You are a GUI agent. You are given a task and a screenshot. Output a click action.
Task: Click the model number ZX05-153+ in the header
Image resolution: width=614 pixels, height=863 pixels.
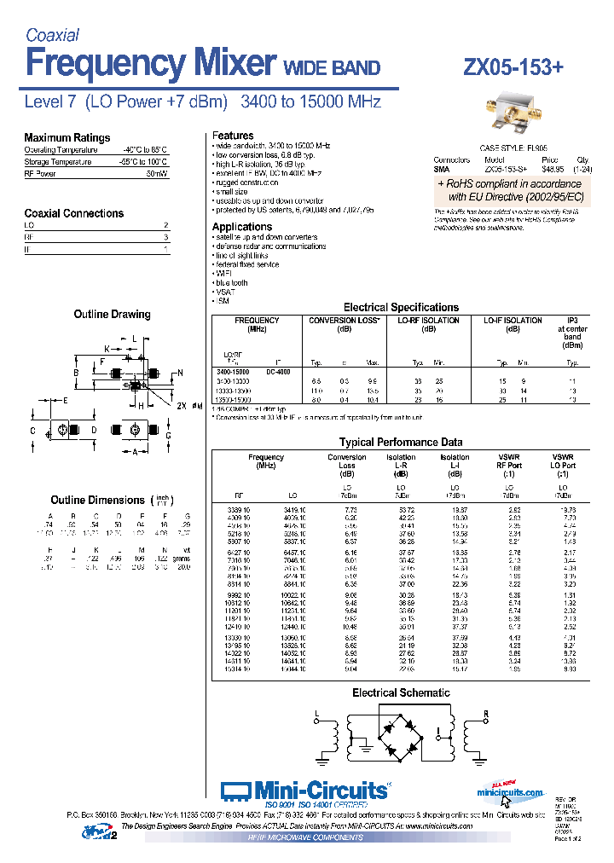pos(513,67)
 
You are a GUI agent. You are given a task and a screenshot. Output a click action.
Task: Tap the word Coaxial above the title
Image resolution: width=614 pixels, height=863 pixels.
pos(52,35)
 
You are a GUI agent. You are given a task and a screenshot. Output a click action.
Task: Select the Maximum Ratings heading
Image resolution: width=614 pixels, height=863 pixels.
pos(67,137)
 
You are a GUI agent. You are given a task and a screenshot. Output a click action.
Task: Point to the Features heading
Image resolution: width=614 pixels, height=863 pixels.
pos(232,136)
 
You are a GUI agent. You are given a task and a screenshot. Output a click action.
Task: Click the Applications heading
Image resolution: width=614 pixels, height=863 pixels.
pos(242,227)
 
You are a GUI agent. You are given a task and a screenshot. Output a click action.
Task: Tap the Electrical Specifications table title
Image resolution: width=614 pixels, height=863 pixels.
pos(400,307)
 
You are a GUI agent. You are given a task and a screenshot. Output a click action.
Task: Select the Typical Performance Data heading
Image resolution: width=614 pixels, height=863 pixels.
pos(400,442)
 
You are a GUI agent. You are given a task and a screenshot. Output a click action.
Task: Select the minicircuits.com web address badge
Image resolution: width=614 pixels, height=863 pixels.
pos(510,791)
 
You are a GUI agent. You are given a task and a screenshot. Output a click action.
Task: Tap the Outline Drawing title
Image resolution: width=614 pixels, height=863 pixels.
pos(112,315)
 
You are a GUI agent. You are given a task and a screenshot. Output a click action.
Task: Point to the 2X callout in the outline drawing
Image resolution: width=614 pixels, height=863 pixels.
pos(180,405)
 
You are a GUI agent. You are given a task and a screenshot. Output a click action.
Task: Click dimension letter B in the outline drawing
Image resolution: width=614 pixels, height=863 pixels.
pos(76,374)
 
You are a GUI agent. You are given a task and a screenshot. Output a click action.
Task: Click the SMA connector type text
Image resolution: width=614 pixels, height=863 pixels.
pos(441,169)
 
